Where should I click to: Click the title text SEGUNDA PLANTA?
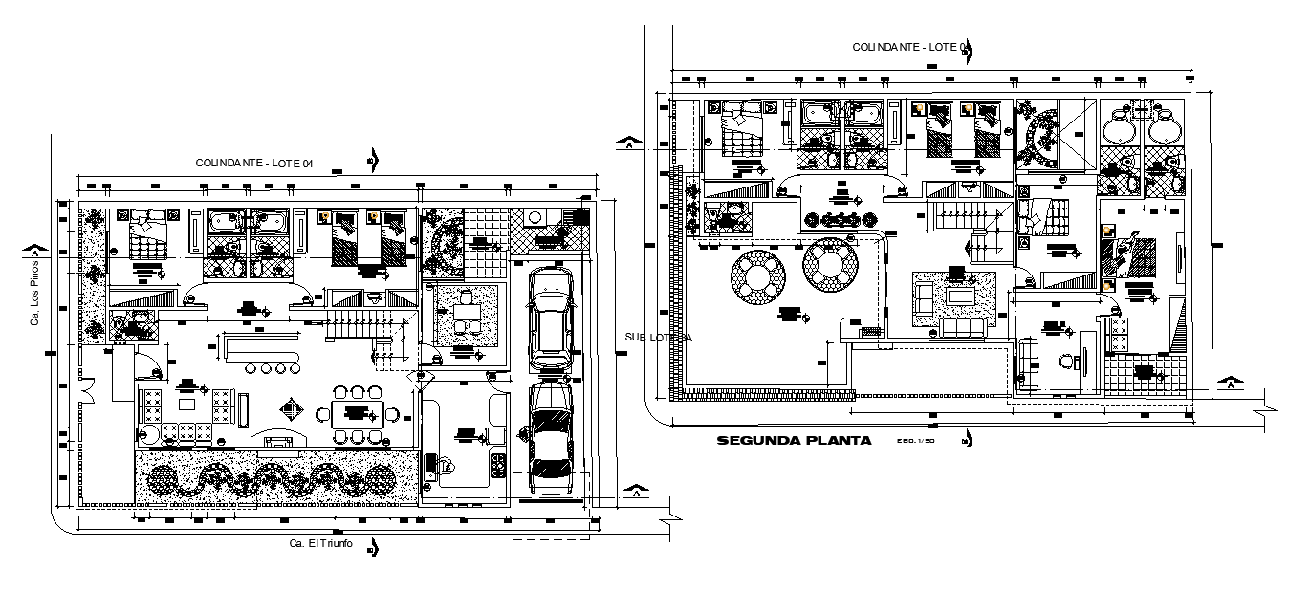tap(794, 441)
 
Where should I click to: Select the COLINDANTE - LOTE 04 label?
tap(254, 164)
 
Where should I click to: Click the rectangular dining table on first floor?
tap(358, 414)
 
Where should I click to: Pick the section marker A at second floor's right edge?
tap(1228, 384)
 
